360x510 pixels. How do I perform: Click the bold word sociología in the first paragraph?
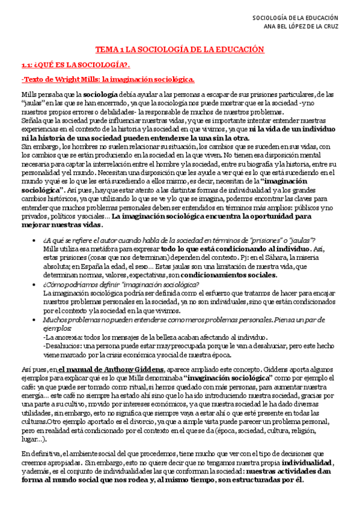[99, 95]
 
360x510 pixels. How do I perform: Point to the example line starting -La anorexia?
[155, 337]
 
